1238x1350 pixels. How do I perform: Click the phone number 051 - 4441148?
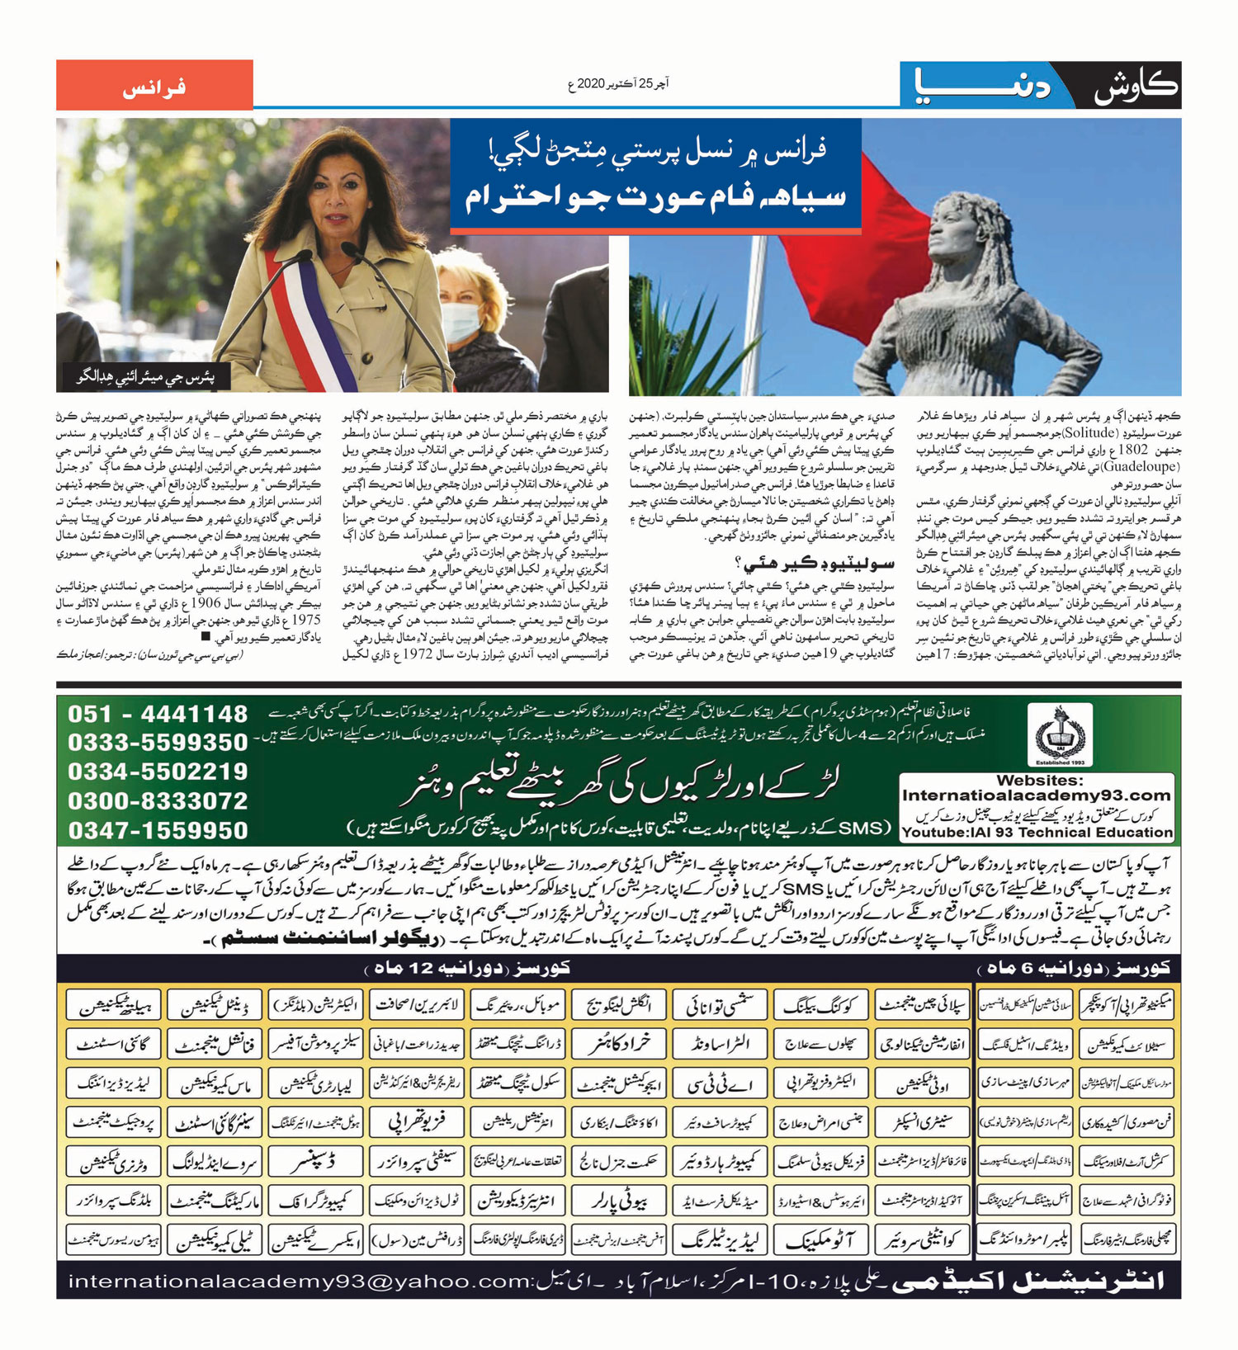click(158, 714)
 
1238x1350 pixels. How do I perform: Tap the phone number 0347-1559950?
click(158, 830)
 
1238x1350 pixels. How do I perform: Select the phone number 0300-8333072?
click(158, 801)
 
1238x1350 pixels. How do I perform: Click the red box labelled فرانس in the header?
click(154, 86)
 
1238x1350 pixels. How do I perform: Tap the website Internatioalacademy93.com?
click(1037, 795)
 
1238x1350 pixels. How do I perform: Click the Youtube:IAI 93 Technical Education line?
click(1037, 833)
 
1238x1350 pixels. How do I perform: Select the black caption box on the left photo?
click(144, 377)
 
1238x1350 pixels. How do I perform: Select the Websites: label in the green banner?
click(1037, 780)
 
